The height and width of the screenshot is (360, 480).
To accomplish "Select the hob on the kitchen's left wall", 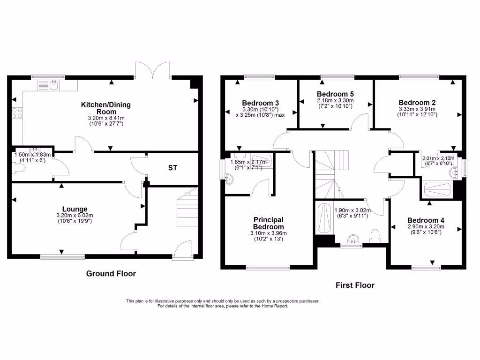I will point(17,112).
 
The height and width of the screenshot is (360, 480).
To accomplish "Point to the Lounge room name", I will point(75,209).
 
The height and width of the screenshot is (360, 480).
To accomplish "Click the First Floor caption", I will point(355,285).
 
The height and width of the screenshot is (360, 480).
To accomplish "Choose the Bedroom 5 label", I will point(335,94).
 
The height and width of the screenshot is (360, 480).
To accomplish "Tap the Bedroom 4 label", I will point(426,220).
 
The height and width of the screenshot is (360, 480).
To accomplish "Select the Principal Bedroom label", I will point(269,223).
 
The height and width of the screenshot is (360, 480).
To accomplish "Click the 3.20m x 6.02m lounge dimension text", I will point(75,216).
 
